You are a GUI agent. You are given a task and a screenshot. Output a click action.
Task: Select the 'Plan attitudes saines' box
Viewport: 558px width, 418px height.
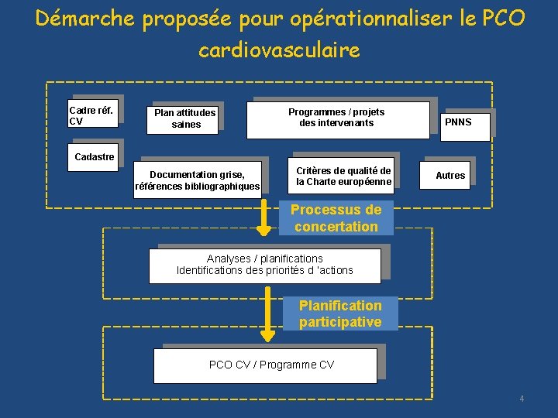point(185,118)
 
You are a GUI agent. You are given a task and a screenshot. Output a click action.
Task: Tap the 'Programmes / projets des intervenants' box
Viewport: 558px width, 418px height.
point(337,118)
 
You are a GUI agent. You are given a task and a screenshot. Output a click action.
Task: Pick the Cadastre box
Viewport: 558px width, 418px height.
point(94,157)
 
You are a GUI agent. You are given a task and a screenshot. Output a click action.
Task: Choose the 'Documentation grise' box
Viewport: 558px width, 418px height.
point(197,180)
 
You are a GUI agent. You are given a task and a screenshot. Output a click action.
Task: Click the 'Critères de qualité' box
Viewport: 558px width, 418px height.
point(343,176)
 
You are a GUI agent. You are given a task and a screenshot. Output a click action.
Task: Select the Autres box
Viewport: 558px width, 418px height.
point(450,176)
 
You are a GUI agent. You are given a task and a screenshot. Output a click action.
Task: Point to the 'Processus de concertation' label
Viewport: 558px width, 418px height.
point(336,218)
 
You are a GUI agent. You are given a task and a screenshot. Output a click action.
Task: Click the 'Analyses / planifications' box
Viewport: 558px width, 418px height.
point(265,265)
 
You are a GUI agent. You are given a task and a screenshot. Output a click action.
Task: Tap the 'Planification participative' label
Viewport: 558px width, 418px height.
point(340,313)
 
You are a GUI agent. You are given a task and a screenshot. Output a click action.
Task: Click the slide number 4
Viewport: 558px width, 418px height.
point(522,399)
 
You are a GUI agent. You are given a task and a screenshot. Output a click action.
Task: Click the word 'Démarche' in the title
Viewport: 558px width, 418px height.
point(85,19)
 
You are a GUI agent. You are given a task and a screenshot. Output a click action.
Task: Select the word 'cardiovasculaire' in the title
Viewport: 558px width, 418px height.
point(279,51)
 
